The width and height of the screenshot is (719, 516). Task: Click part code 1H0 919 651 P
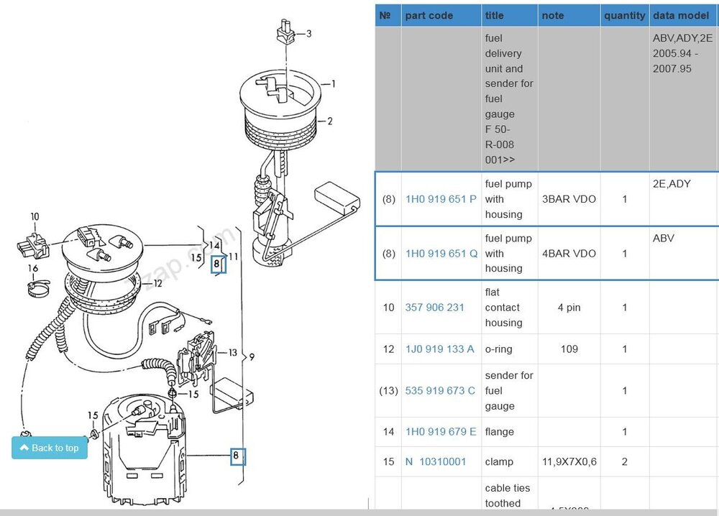tap(441, 199)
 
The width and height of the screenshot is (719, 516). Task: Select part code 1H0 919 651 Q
tap(441, 254)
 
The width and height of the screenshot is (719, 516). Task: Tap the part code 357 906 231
tap(435, 308)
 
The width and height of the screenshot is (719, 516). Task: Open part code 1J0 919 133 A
tap(439, 349)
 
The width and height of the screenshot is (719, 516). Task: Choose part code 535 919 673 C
tap(440, 391)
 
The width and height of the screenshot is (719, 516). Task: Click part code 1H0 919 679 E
tap(441, 432)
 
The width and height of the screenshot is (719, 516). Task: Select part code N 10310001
tap(436, 461)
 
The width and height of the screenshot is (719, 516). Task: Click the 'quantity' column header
tap(624, 15)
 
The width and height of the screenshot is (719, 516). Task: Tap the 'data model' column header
tap(684, 15)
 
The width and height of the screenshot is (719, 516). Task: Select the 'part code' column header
tap(429, 15)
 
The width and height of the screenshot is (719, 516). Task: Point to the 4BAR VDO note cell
tap(569, 254)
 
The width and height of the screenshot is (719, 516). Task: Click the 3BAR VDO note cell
tap(569, 199)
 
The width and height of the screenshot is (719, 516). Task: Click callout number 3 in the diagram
tap(308, 33)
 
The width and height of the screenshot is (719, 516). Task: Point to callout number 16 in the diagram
tap(33, 268)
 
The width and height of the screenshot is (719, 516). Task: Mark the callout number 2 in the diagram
tap(330, 121)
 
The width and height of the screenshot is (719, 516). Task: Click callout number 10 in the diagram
tap(34, 216)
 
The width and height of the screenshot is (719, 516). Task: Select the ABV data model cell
tap(663, 238)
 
